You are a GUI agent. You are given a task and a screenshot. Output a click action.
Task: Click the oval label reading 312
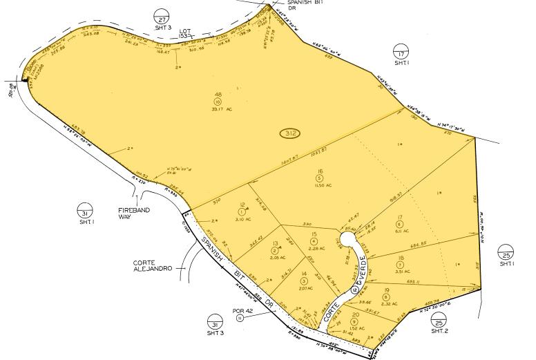pyautogui.click(x=290, y=132)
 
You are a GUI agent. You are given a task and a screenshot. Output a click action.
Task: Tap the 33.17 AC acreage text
pyautogui.click(x=218, y=108)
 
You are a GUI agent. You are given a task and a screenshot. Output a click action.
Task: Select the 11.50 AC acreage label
pyautogui.click(x=320, y=186)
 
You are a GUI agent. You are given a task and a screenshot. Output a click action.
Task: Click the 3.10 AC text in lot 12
pyautogui.click(x=242, y=219)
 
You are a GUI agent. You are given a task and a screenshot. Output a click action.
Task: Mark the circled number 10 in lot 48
pyautogui.click(x=218, y=102)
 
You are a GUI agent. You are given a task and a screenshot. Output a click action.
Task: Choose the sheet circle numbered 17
pyautogui.click(x=401, y=50)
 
